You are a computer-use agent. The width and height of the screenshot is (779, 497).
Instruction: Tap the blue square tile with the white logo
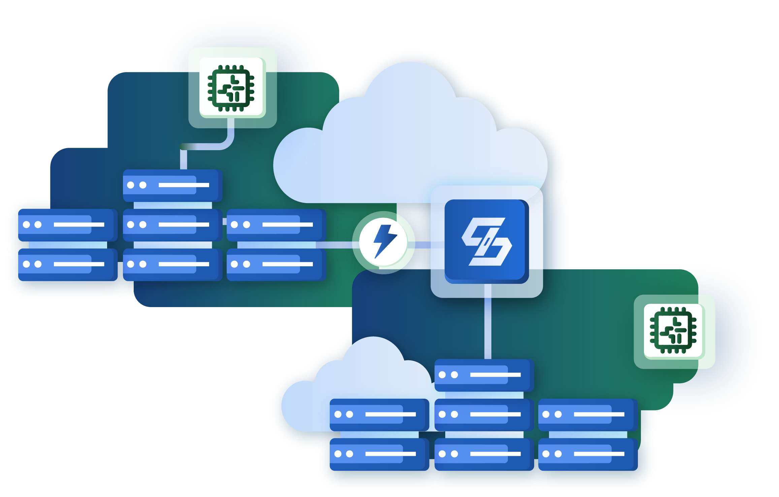[x=486, y=241]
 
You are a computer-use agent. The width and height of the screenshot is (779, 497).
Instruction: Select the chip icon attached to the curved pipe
[x=231, y=88]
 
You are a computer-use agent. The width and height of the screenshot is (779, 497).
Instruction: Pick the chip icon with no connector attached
[x=673, y=330]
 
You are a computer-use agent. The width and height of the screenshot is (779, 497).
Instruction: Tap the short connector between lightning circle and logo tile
[x=423, y=245]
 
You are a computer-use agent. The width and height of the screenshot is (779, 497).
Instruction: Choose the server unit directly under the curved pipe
[x=172, y=185]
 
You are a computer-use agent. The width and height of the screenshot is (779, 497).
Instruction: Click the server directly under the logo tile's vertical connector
[x=484, y=375]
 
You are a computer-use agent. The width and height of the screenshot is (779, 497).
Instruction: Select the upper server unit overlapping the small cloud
[x=379, y=415]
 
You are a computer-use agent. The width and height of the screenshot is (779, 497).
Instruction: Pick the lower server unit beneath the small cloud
[x=379, y=454]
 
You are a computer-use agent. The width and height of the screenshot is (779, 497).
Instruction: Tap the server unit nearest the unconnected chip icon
[x=588, y=415]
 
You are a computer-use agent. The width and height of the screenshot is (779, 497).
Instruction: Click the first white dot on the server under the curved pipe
[x=131, y=185]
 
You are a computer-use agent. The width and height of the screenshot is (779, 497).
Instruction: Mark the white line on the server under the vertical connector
[x=495, y=375]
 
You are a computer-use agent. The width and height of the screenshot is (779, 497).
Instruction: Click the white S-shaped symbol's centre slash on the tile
[x=487, y=241]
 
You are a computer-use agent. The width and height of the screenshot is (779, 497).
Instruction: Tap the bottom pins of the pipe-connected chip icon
[x=231, y=109]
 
